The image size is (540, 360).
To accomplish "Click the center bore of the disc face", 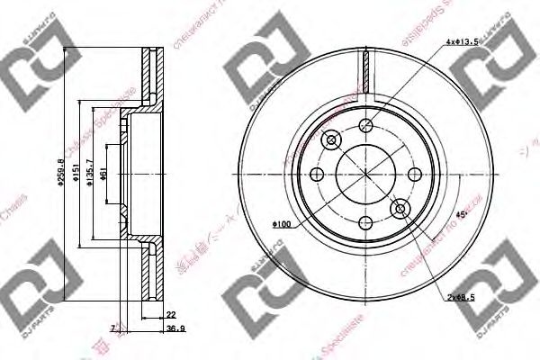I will [x=364, y=173].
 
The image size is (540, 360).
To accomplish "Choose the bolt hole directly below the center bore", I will [x=364, y=220].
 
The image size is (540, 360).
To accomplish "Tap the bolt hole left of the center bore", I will [x=318, y=174].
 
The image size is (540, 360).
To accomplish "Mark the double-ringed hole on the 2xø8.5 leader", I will [x=400, y=209].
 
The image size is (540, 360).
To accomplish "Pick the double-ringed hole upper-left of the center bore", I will [x=329, y=139].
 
